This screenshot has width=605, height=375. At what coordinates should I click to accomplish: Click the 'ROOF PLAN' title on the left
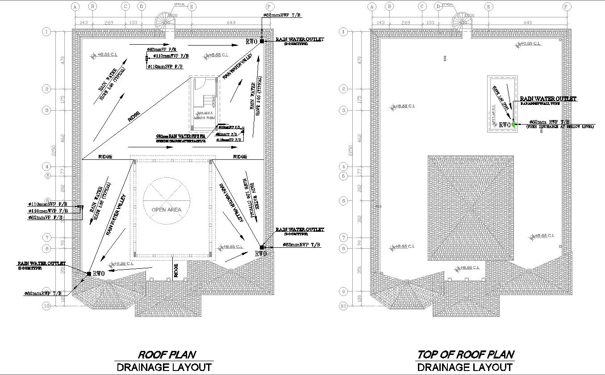(167, 355)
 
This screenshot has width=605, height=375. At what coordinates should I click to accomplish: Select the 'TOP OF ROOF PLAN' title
(465, 355)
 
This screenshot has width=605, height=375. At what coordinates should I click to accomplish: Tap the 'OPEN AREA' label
(167, 209)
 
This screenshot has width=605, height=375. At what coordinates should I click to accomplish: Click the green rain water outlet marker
(513, 125)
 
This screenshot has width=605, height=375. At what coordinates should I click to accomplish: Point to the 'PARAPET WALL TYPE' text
(540, 104)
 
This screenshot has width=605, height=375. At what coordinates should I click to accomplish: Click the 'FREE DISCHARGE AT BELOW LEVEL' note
(560, 127)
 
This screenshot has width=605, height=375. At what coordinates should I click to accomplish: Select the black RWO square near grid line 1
(262, 41)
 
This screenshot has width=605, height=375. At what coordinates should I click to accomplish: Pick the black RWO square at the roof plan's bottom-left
(89, 274)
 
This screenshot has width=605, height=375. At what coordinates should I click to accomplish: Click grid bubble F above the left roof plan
(269, 7)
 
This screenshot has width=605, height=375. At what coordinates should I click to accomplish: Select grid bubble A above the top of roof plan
(371, 7)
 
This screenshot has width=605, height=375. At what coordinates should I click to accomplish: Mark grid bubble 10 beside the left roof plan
(46, 306)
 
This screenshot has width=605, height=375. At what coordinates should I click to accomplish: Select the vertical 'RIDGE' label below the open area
(176, 270)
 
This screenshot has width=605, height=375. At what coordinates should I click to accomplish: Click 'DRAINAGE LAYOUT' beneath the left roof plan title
(164, 367)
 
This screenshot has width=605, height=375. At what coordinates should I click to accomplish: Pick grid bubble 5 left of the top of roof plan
(343, 176)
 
